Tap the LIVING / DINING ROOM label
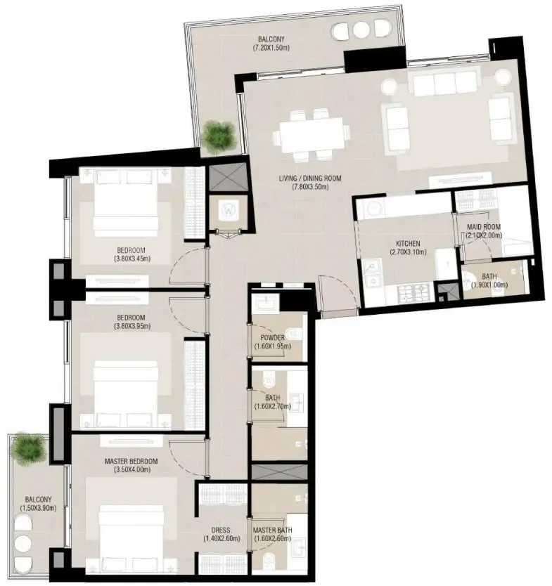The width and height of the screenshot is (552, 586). (x=309, y=178)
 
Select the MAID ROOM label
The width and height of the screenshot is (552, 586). (x=483, y=226)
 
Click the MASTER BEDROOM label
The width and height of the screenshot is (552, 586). (x=130, y=461)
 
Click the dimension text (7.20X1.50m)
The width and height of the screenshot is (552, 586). (x=272, y=48)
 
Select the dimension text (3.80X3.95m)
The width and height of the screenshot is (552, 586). (x=131, y=327)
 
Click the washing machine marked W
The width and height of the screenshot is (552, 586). (x=229, y=209)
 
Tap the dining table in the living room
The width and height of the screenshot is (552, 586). (x=313, y=134)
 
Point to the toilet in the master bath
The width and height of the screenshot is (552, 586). (x=271, y=561)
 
